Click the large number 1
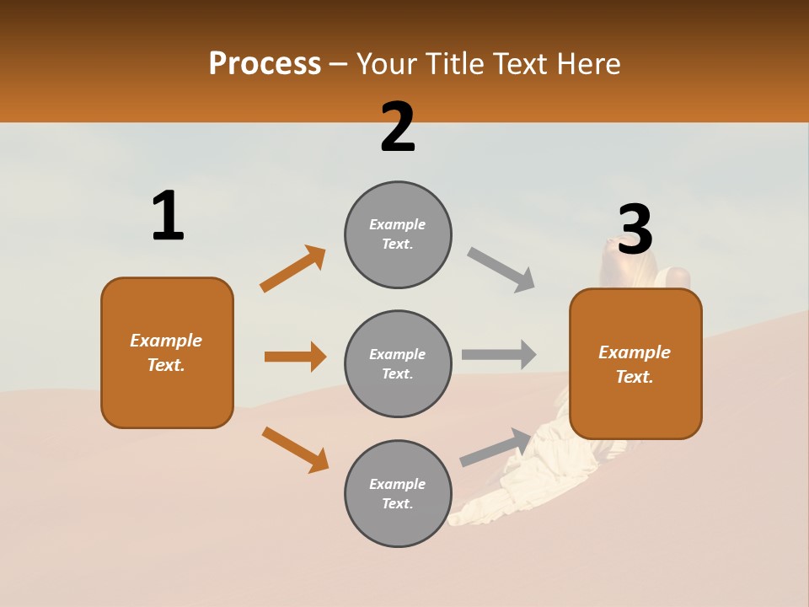[x=168, y=216]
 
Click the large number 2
[x=398, y=127]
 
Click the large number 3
[x=635, y=230]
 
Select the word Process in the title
[x=265, y=63]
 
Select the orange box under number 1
[x=167, y=352]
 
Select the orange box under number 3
[x=635, y=363]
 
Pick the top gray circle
[x=398, y=234]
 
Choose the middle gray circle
[x=398, y=363]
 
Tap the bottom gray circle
[x=398, y=493]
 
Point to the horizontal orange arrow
[x=295, y=357]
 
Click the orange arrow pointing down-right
[x=295, y=449]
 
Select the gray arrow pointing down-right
[x=501, y=269]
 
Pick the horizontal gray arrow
[x=499, y=354]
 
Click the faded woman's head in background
[x=619, y=257]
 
